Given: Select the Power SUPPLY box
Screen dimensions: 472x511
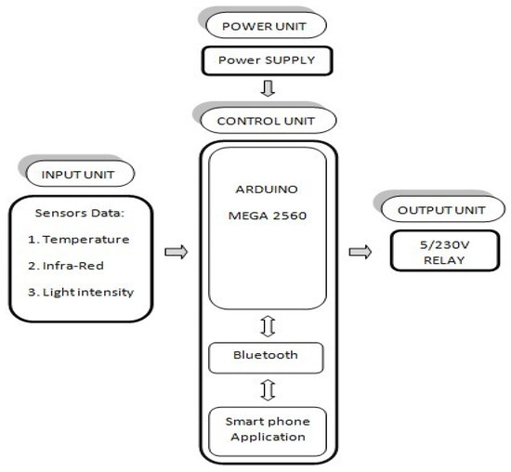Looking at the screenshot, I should tap(267, 61).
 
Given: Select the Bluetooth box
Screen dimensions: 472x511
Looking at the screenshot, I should tap(266, 355).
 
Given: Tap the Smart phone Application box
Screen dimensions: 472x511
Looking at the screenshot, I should tap(267, 428).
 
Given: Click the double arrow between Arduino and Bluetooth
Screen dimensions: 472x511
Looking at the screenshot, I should tap(267, 326).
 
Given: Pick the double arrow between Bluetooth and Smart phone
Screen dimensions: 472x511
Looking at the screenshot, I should tap(267, 389).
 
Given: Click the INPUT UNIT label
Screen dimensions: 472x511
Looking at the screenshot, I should tap(75, 173).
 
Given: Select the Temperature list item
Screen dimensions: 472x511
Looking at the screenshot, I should tap(81, 239).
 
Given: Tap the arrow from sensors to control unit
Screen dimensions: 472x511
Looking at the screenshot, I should tap(175, 252).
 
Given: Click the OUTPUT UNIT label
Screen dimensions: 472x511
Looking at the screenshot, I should tap(430, 210).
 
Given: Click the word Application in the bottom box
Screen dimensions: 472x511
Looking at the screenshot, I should tap(267, 436).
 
